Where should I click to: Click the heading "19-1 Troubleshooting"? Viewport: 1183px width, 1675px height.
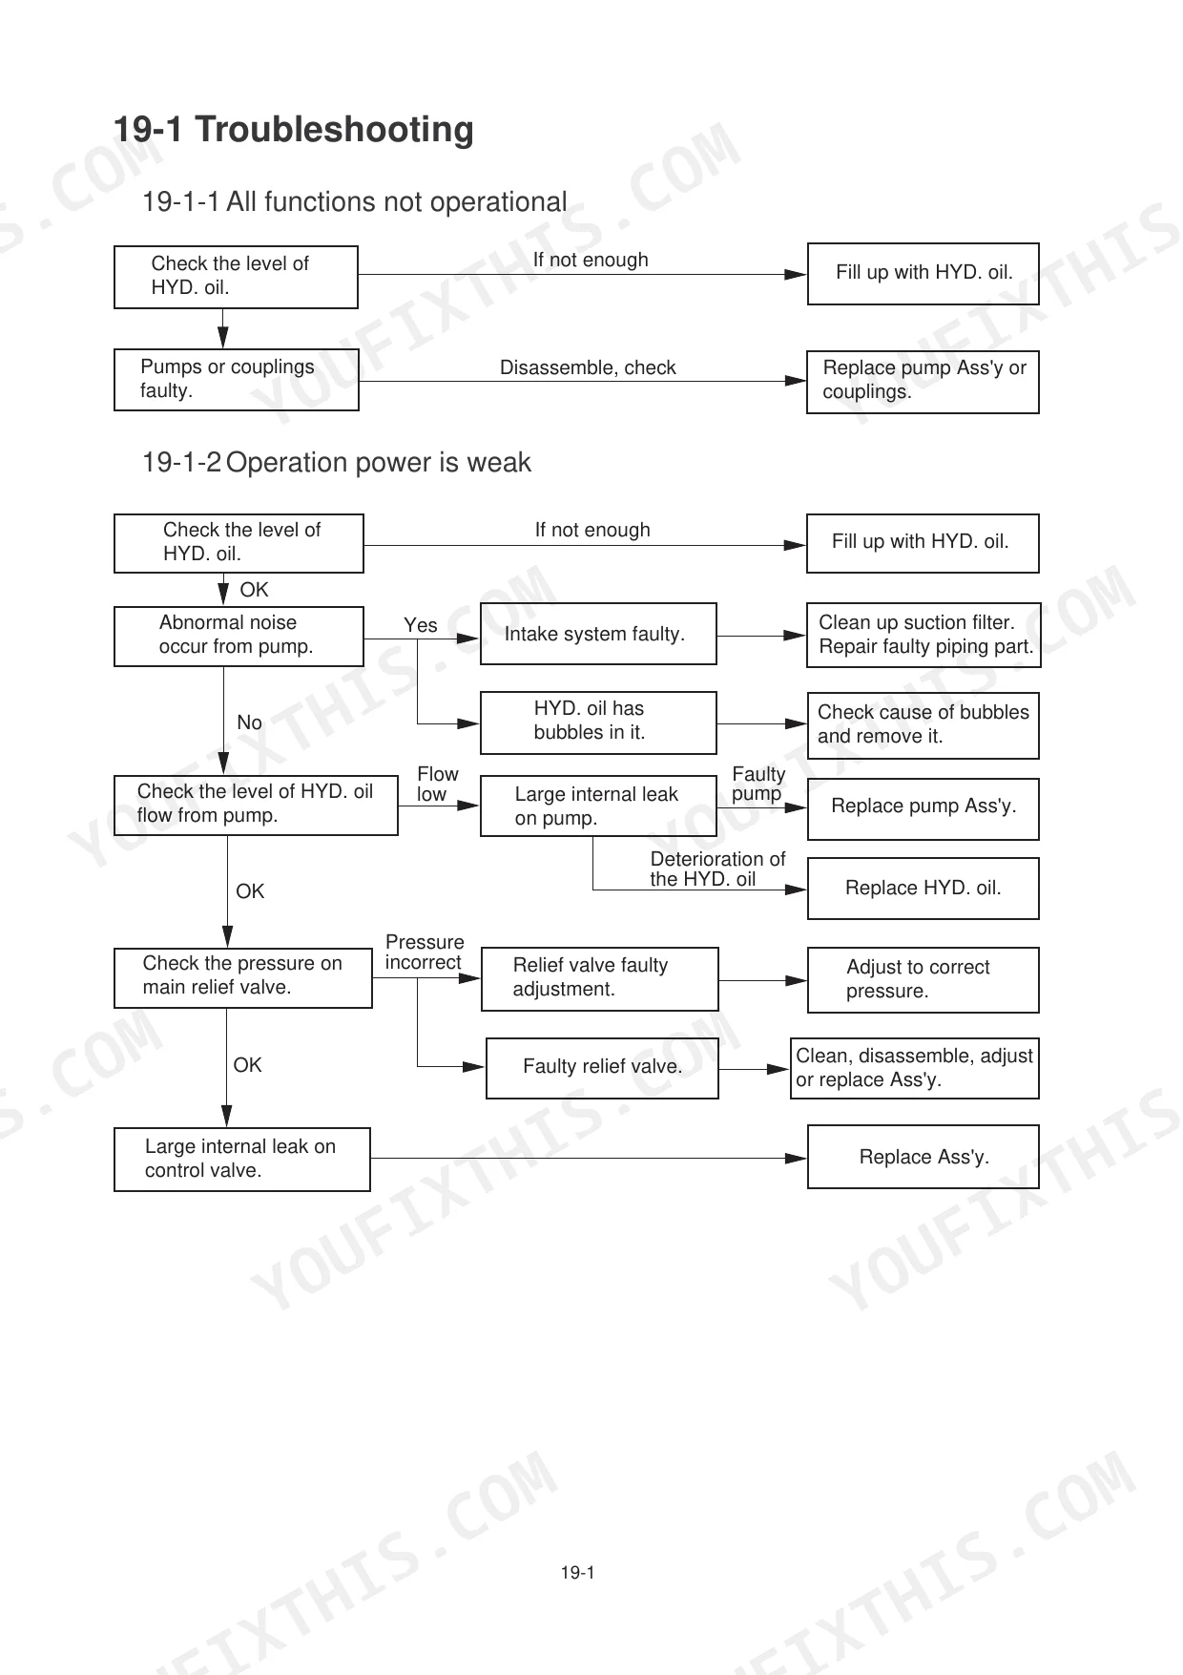(293, 130)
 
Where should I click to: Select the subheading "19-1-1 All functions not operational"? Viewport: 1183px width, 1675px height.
(355, 202)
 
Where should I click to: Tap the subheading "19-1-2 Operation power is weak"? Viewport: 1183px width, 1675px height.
(337, 463)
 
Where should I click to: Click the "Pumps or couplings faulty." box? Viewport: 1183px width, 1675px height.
(237, 380)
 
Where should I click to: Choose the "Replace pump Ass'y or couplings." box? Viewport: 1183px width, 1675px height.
(923, 382)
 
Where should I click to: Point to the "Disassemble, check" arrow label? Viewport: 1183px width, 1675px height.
(588, 367)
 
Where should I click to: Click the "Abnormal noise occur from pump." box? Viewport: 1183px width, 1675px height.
(239, 636)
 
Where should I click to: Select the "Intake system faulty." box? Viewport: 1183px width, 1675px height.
(598, 634)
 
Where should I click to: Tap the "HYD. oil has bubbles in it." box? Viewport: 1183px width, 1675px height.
(598, 722)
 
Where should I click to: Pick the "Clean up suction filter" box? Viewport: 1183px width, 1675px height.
(924, 635)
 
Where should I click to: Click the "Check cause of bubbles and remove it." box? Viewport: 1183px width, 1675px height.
(923, 725)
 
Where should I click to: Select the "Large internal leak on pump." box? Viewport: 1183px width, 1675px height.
(598, 806)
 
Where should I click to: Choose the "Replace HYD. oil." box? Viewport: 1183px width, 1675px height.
(923, 889)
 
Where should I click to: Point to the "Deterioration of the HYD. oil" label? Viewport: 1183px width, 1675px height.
(717, 869)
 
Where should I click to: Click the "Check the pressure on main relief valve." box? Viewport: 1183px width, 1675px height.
(242, 977)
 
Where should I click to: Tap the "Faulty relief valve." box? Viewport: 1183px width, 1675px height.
(602, 1068)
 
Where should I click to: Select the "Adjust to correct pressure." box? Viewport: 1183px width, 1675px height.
(923, 979)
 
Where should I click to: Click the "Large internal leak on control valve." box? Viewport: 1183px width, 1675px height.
(241, 1160)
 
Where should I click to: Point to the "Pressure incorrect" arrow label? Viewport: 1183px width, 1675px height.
(425, 953)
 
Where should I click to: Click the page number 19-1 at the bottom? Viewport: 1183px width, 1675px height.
(577, 1573)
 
